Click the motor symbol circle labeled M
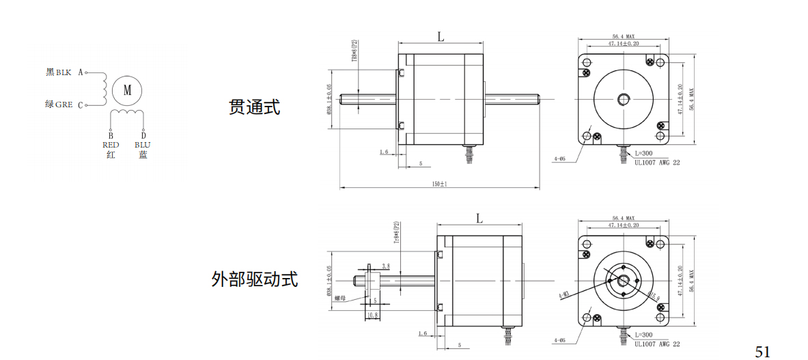coord(127,89)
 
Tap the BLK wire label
coord(63,72)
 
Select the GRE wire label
coord(64,105)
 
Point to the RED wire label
coord(111,145)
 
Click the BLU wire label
coord(143,145)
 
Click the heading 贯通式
coord(254,107)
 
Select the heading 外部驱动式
coord(255,279)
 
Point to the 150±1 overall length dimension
coord(438,184)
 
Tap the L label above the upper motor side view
coord(441,38)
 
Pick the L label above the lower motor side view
coord(479,219)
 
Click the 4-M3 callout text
coord(563,296)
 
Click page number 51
coord(762,351)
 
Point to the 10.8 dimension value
coord(373,315)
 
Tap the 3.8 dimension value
coord(386,266)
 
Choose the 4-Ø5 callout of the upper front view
coord(560,158)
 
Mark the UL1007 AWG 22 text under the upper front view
coord(657,163)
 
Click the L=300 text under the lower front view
coord(645,335)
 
